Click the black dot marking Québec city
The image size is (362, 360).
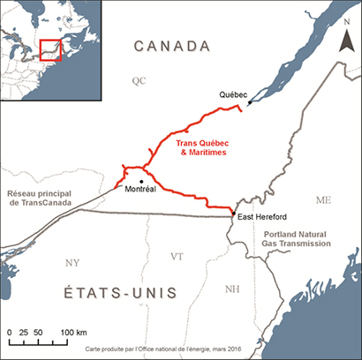249,103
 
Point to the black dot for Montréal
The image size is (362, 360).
141,182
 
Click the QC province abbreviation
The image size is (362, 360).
137,80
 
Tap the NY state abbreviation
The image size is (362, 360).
72,262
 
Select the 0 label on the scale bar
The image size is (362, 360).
9,332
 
